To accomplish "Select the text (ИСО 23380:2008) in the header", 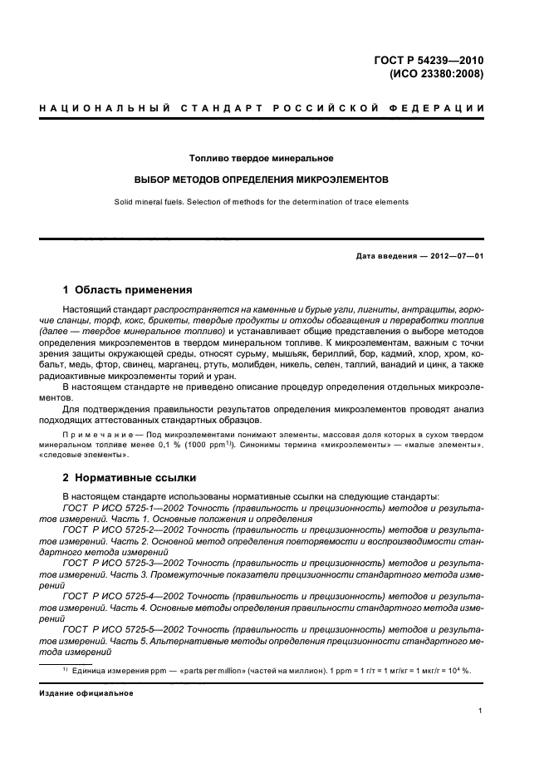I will (x=435, y=73).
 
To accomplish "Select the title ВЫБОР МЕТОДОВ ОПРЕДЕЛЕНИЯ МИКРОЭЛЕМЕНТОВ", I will (x=261, y=180).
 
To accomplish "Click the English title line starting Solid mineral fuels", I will (x=261, y=202).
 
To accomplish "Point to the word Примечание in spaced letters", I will (x=92, y=435).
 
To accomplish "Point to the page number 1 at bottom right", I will (x=480, y=712).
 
